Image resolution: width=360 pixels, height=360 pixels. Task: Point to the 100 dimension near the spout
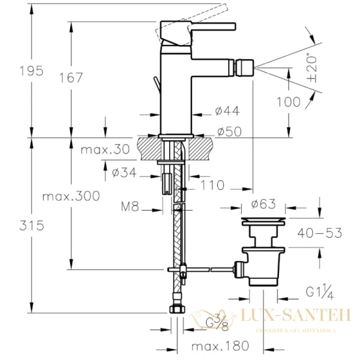(289, 102)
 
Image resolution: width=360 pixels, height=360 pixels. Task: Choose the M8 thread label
(130, 208)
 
